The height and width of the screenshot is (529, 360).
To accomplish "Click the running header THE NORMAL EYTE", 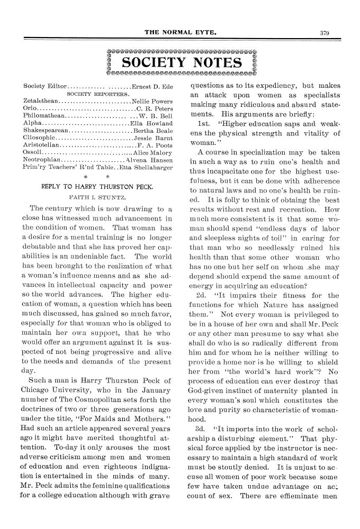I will coord(180,32).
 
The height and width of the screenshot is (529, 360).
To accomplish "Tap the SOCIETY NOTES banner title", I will coord(181,63).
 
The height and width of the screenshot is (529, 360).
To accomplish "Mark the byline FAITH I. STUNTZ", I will coord(98,196).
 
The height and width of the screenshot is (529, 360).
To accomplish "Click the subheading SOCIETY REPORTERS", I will coord(98,94).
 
